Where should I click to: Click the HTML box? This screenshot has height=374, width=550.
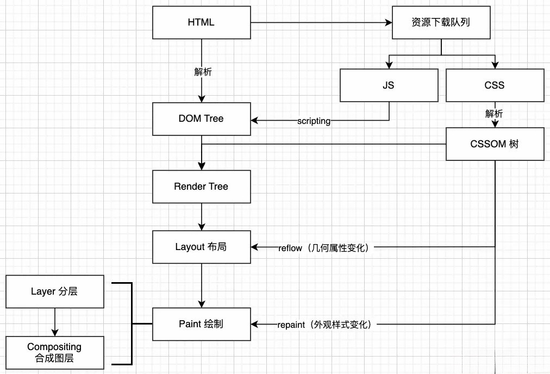(x=201, y=22)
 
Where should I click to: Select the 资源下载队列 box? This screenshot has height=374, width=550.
(x=441, y=22)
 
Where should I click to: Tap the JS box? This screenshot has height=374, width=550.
(x=389, y=85)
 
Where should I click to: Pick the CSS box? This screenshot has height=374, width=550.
(x=495, y=85)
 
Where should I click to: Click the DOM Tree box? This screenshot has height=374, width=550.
(x=201, y=119)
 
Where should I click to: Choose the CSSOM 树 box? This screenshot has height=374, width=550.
(x=495, y=144)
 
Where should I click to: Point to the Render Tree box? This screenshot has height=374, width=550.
(x=201, y=186)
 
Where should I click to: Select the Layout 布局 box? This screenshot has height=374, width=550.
(x=201, y=247)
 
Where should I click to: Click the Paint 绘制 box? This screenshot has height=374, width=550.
(x=201, y=324)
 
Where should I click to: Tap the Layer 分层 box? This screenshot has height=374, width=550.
(x=54, y=291)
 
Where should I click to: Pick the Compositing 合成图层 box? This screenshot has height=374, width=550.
(x=54, y=352)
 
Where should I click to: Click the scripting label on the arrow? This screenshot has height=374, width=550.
(x=314, y=121)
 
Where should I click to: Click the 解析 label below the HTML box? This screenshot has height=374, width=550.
(x=203, y=71)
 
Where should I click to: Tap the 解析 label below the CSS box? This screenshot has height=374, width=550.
(x=494, y=114)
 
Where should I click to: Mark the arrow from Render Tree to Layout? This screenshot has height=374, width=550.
(x=202, y=216)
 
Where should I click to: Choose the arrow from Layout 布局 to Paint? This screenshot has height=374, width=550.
(x=202, y=285)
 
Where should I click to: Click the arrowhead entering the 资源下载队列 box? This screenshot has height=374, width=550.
(x=388, y=23)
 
